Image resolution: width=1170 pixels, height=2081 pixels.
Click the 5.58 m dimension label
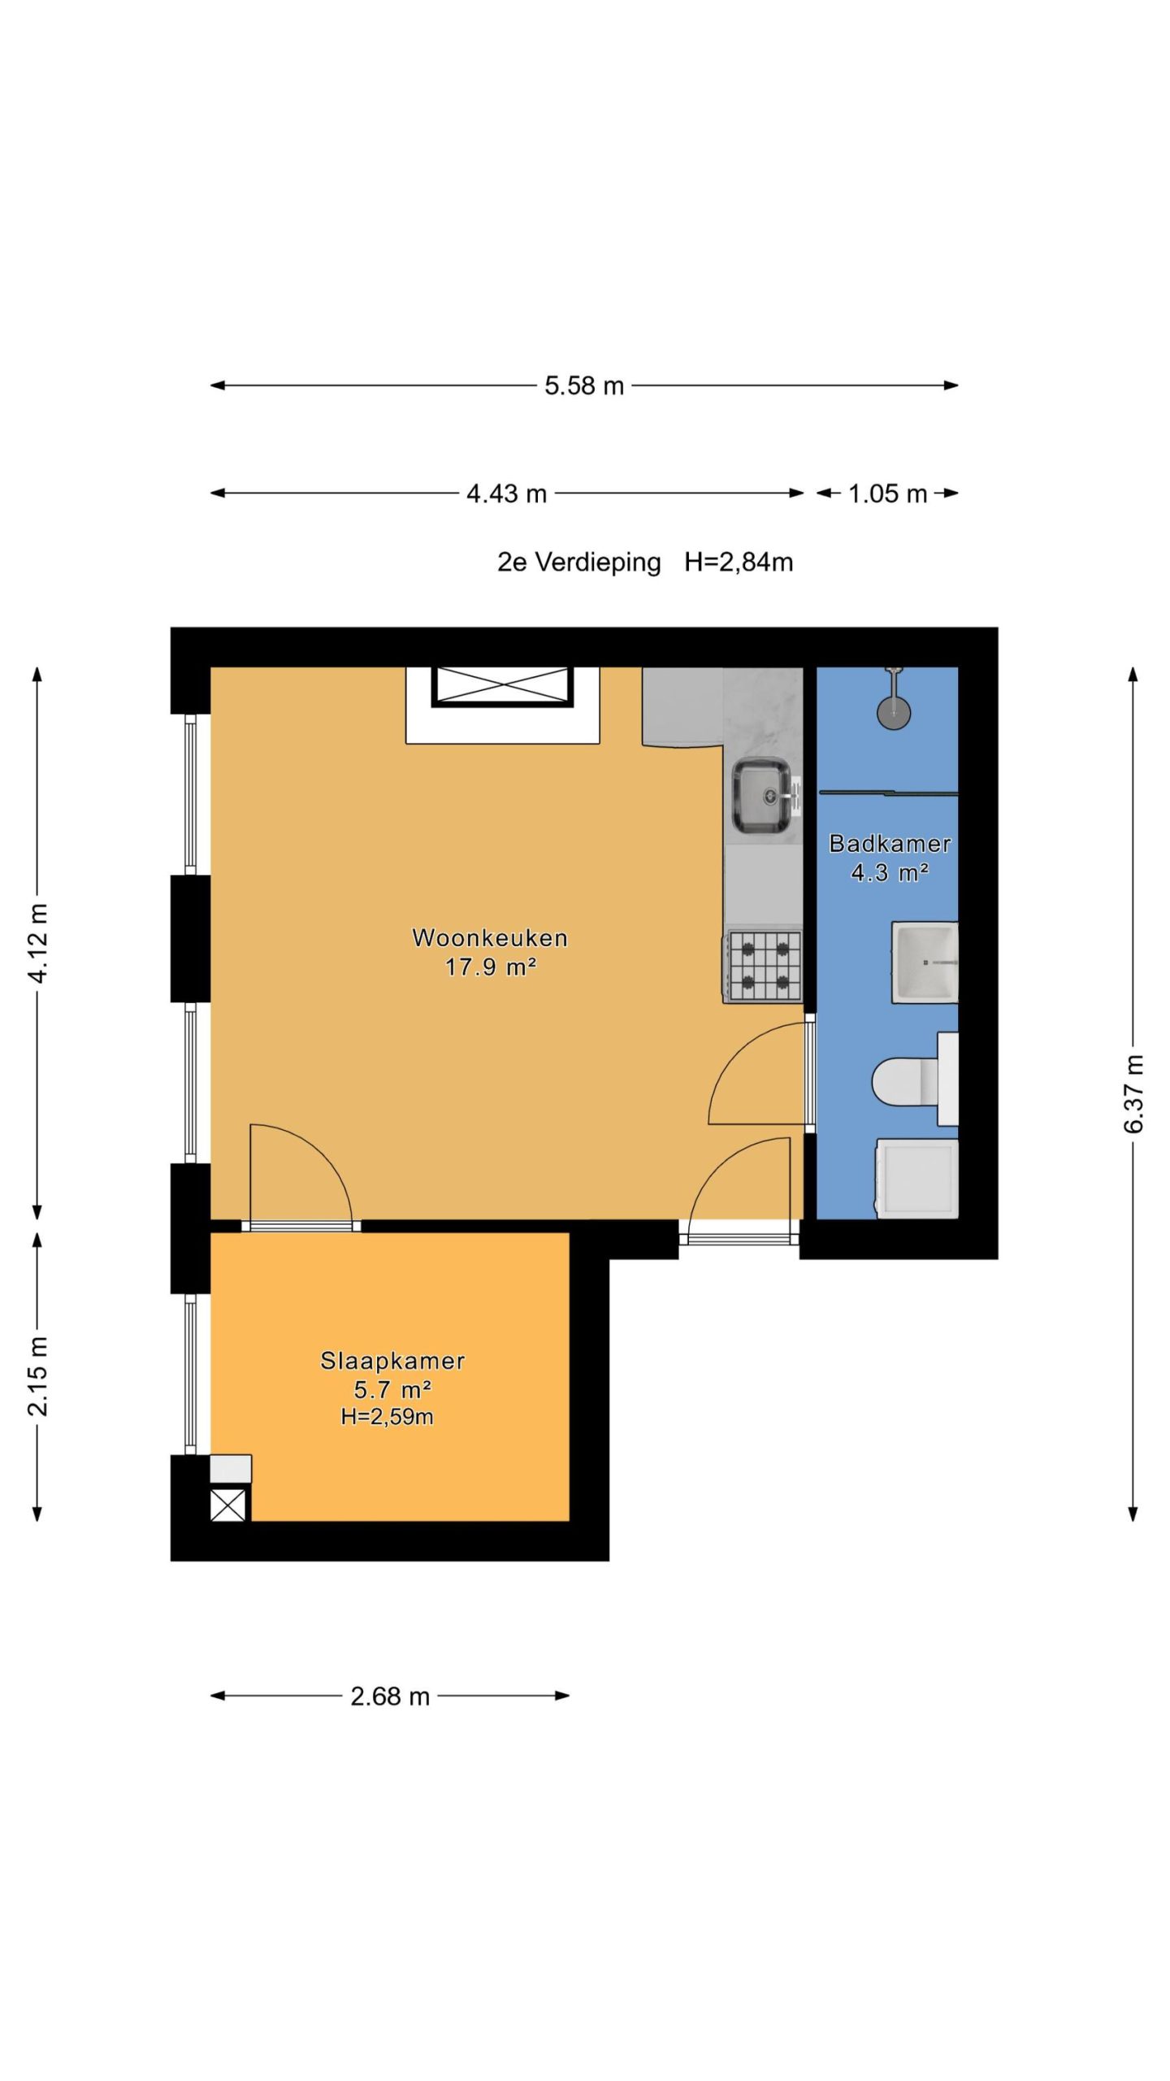click(x=584, y=385)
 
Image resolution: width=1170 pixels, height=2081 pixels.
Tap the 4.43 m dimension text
click(x=506, y=493)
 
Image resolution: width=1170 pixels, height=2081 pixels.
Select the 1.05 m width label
click(x=887, y=493)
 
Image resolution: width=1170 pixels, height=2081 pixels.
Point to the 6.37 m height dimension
click(x=1133, y=1093)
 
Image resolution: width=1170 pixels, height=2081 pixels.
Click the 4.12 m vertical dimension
click(x=38, y=942)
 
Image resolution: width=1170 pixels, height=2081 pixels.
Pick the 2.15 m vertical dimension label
click(x=38, y=1375)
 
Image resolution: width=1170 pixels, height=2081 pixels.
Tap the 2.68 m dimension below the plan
click(x=390, y=1697)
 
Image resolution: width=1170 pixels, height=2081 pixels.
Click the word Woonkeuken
click(x=490, y=938)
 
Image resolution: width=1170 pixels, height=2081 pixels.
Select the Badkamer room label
click(x=890, y=844)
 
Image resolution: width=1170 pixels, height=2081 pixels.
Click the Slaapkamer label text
click(x=392, y=1361)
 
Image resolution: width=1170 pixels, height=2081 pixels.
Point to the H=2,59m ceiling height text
click(x=387, y=1417)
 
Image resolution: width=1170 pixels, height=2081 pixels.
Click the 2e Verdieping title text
click(x=579, y=563)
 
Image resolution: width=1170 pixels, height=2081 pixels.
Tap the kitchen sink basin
click(x=761, y=797)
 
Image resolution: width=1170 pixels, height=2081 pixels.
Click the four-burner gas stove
click(x=763, y=966)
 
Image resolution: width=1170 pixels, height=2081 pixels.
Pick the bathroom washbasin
click(x=925, y=962)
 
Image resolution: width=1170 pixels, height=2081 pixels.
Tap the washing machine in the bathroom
click(x=917, y=1179)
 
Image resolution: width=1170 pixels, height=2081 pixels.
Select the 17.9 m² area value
click(x=490, y=967)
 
